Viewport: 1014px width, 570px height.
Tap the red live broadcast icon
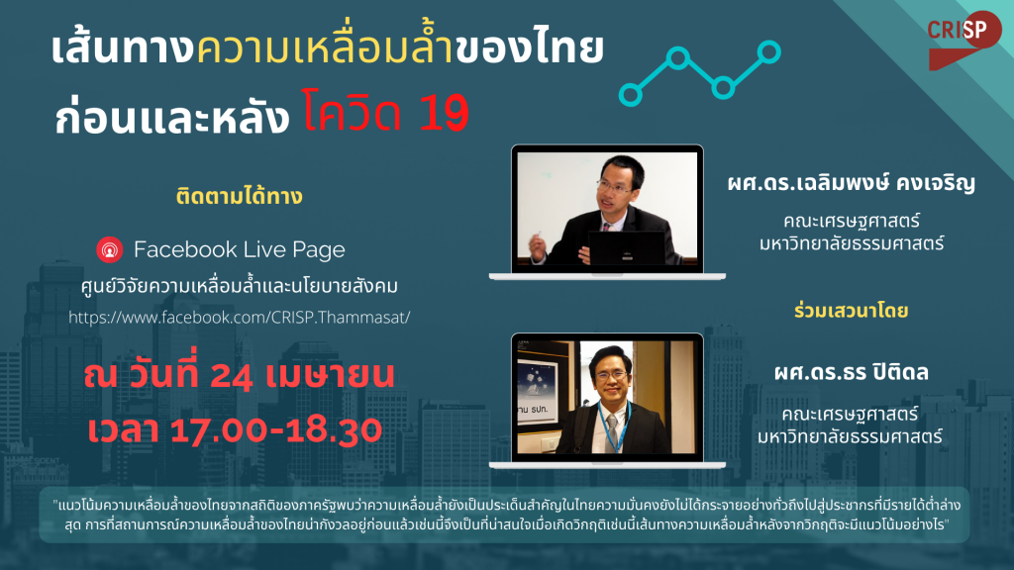[x=110, y=250]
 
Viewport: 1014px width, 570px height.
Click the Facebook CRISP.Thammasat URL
[x=240, y=318]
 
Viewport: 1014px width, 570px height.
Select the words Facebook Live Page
[x=240, y=249]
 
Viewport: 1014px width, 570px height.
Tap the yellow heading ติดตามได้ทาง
[x=240, y=196]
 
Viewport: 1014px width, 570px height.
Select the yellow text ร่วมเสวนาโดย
[x=851, y=311]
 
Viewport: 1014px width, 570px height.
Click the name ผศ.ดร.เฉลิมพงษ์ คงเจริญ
[x=851, y=183]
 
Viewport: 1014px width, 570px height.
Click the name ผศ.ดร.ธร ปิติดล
[x=851, y=372]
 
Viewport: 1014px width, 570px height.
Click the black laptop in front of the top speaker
[x=626, y=248]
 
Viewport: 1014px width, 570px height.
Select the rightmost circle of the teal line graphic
[x=768, y=51]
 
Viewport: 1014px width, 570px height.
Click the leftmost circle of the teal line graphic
[x=630, y=95]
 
